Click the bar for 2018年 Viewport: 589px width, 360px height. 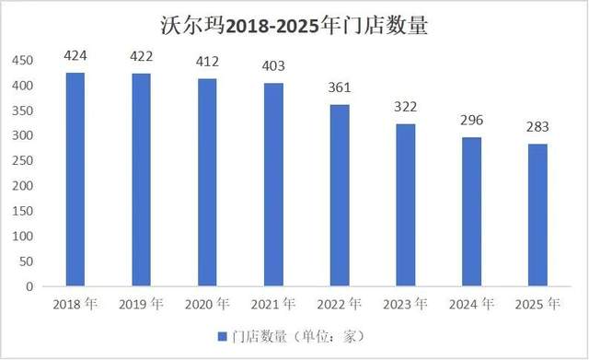[75, 180]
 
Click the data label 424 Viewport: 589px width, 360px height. [75, 56]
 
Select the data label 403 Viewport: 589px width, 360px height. [273, 66]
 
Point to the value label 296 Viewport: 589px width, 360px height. [471, 121]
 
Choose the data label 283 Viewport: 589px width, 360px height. [537, 127]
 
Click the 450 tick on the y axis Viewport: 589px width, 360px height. [21, 61]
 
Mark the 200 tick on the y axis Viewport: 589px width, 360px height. [21, 186]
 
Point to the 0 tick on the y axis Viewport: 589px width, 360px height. [28, 286]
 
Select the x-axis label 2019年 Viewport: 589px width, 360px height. [142, 304]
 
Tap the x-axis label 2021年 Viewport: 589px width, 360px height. [273, 304]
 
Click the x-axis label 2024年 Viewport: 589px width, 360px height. [471, 304]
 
